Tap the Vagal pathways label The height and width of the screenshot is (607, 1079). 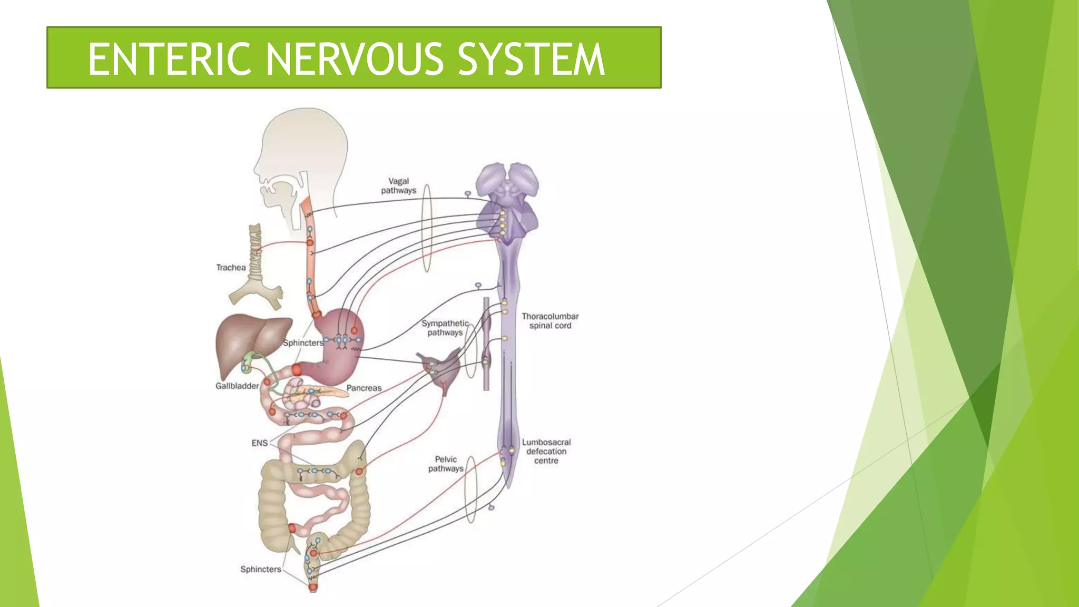pyautogui.click(x=399, y=186)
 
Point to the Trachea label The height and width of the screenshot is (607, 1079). pyautogui.click(x=231, y=268)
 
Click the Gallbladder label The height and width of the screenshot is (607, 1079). pyautogui.click(x=237, y=386)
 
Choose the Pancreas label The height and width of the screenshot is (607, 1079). pyautogui.click(x=364, y=388)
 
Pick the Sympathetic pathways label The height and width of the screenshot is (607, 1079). pyautogui.click(x=445, y=328)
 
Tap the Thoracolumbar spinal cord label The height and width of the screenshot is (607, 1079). pyautogui.click(x=550, y=321)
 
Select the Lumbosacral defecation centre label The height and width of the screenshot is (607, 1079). pyautogui.click(x=546, y=452)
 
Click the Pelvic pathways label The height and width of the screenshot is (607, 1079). pyautogui.click(x=446, y=464)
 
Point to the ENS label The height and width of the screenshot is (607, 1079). pyautogui.click(x=259, y=443)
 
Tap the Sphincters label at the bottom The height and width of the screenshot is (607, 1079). pyautogui.click(x=261, y=569)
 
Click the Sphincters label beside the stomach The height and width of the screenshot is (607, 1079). pyautogui.click(x=303, y=342)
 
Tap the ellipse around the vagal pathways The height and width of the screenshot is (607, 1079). pyautogui.click(x=427, y=228)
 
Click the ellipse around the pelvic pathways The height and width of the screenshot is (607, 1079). pyautogui.click(x=470, y=489)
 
